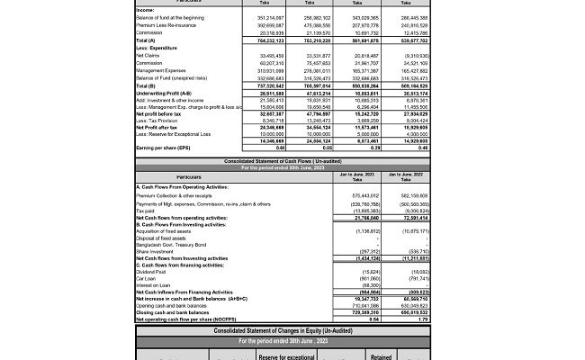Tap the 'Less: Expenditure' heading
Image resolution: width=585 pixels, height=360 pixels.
click(153, 48)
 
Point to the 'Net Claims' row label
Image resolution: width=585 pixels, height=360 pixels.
click(148, 55)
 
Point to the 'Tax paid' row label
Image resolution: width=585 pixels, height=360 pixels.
click(145, 211)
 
